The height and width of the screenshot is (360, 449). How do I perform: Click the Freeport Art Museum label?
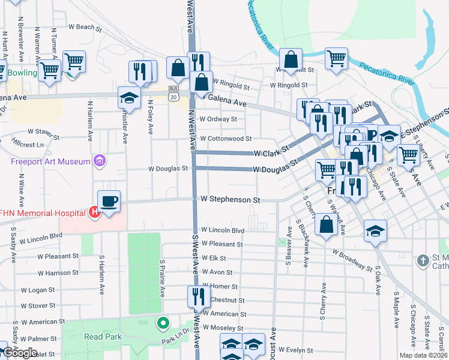(x=49, y=161)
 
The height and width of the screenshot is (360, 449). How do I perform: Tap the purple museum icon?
(x=100, y=161)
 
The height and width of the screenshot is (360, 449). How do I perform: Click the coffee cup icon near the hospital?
(x=109, y=202)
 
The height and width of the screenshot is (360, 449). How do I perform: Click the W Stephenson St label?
(x=230, y=199)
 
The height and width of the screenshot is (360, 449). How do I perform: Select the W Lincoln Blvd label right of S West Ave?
(x=223, y=230)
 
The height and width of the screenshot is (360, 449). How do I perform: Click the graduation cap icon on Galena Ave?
(x=129, y=97)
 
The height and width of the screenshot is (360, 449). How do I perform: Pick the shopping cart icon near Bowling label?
(x=49, y=70)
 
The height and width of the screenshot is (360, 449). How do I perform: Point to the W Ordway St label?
(x=218, y=119)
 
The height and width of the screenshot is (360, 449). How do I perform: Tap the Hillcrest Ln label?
(x=28, y=145)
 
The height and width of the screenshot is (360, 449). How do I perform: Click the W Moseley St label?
(x=223, y=328)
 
